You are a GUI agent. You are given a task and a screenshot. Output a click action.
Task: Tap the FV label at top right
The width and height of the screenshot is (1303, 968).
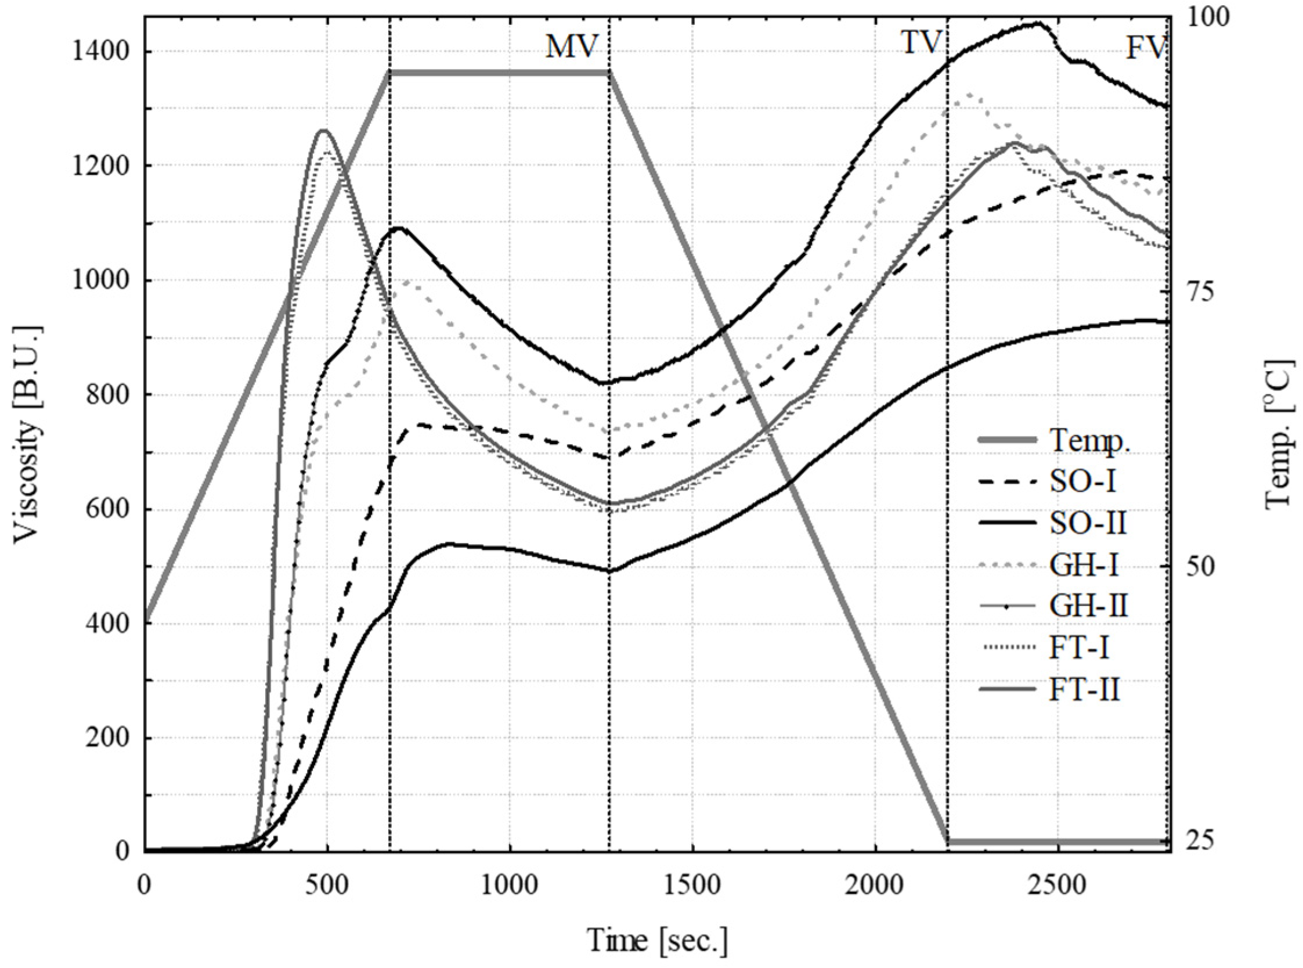pos(1146,49)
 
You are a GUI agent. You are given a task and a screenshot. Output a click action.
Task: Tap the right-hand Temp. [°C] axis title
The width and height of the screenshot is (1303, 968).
pos(1279,435)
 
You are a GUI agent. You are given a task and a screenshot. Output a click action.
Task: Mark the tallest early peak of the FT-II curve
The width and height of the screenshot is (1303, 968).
pos(323,131)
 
